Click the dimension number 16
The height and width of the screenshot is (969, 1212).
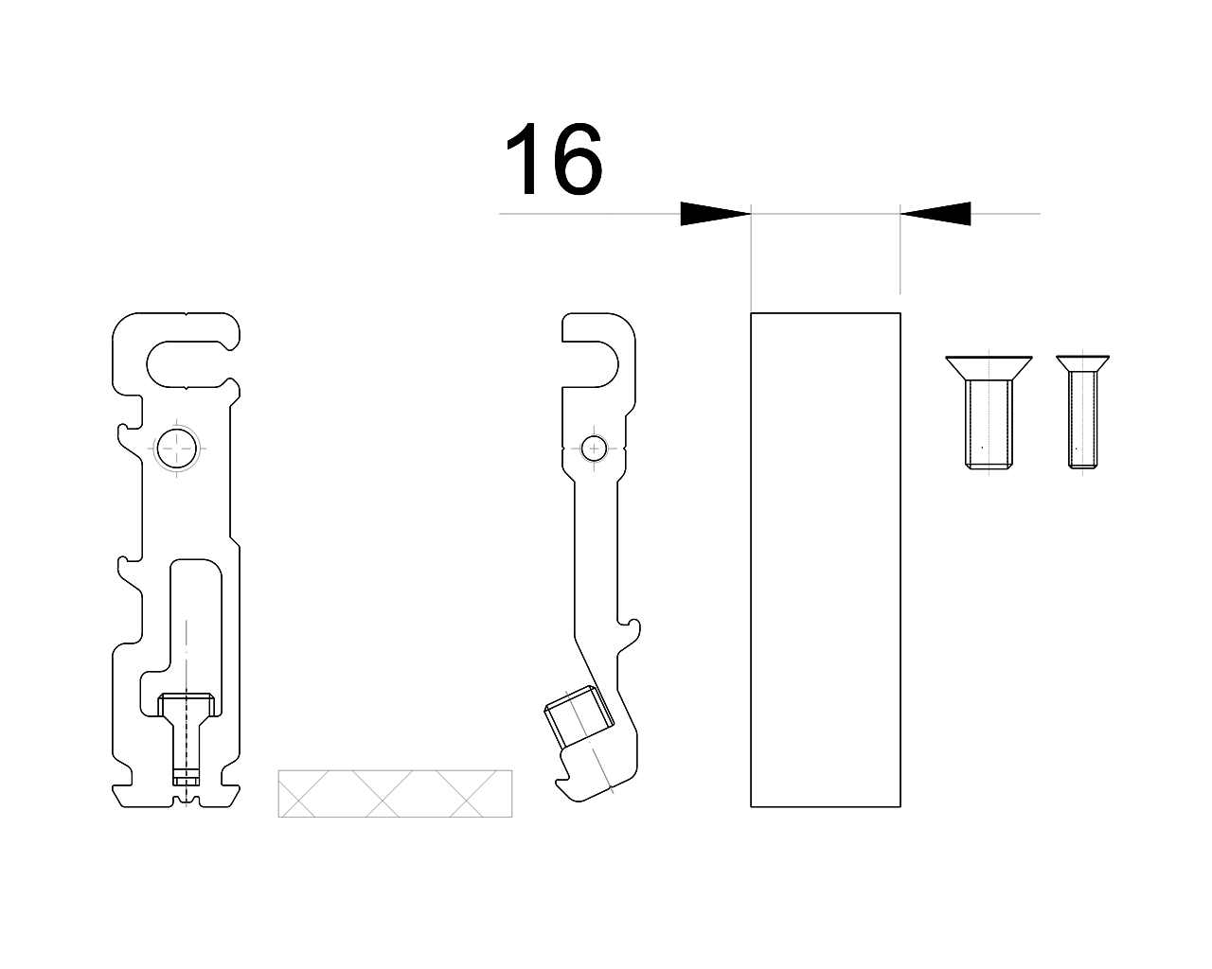coord(554,158)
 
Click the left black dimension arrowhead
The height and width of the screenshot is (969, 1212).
coord(715,214)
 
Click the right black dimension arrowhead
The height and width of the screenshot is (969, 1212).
coord(936,214)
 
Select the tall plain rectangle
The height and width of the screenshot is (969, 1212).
coord(825,559)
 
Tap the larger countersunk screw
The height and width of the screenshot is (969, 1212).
coord(989,413)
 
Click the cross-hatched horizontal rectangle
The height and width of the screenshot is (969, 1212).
coord(395,793)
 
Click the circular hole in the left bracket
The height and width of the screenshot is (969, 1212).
coord(177,449)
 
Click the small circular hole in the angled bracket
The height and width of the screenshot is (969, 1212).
coord(594,449)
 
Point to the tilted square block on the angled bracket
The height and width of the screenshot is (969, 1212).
coord(579,716)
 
